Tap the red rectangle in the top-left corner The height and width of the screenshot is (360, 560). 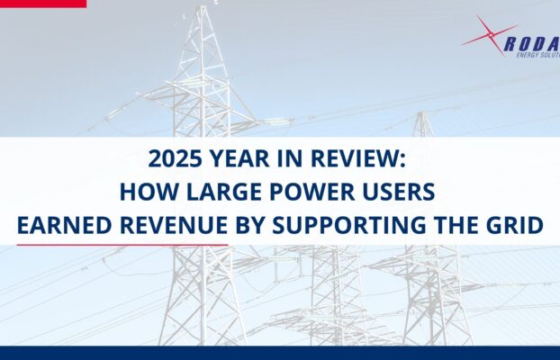43,4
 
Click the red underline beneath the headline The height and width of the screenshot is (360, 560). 122,244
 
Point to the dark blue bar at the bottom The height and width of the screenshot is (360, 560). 280,353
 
